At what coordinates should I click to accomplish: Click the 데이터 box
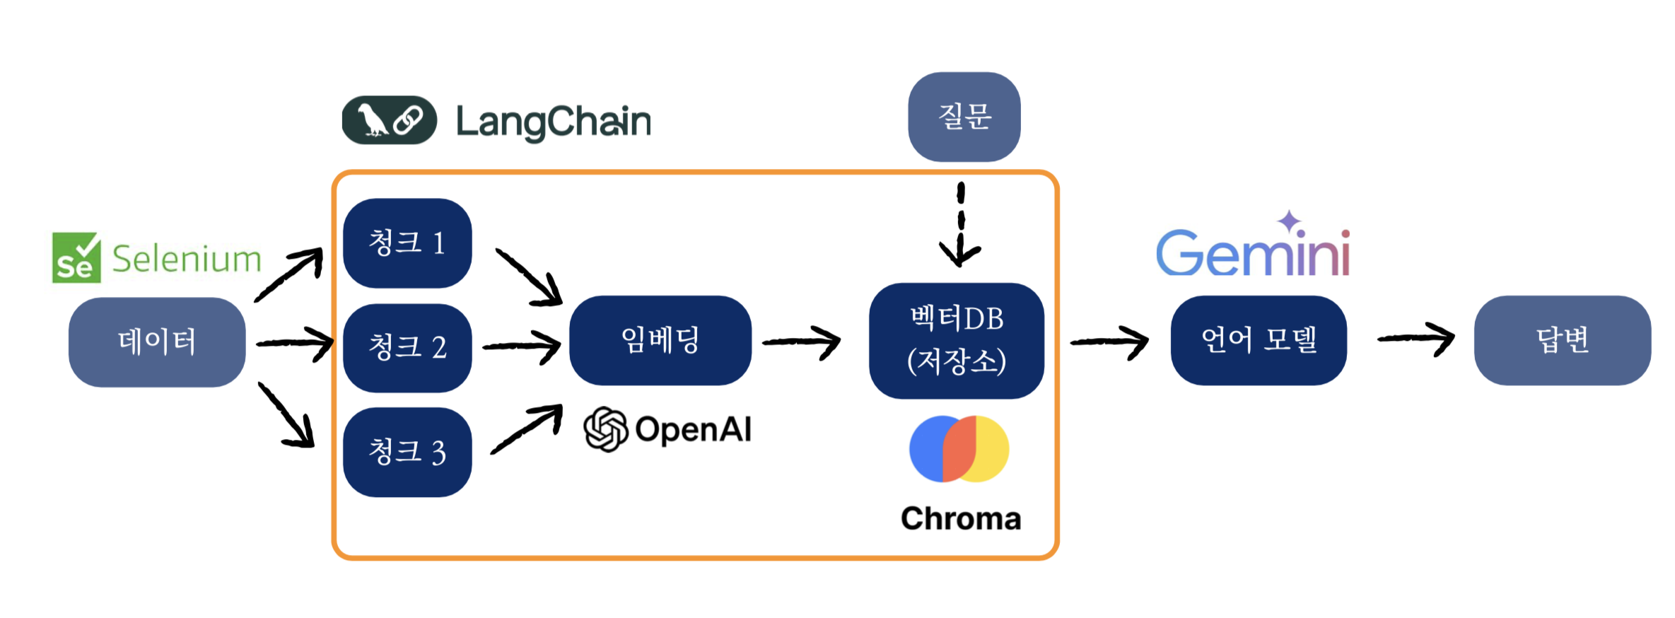coord(157,342)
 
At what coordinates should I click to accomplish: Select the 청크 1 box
coord(407,243)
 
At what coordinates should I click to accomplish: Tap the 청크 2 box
coord(407,348)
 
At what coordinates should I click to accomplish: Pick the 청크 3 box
coord(407,452)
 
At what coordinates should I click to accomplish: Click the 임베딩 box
coord(660,341)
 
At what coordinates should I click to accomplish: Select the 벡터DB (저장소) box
coord(957,341)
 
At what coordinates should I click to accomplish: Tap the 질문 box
coord(964,117)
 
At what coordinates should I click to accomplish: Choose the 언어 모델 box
coord(1259,341)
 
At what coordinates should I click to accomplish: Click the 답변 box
coord(1563,341)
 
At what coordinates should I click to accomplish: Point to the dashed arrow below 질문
coord(960,225)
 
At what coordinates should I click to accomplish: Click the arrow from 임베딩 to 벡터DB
coord(802,343)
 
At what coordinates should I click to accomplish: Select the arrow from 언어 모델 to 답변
coord(1416,339)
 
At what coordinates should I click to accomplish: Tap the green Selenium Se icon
coord(76,257)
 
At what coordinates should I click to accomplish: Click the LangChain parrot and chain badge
coord(389,120)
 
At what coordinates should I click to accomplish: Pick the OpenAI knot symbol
coord(606,429)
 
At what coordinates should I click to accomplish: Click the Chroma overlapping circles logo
coord(959,449)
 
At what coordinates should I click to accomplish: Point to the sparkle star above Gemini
coord(1290,221)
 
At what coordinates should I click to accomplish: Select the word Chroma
coord(961,518)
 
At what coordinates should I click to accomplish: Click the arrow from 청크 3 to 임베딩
coord(527,428)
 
